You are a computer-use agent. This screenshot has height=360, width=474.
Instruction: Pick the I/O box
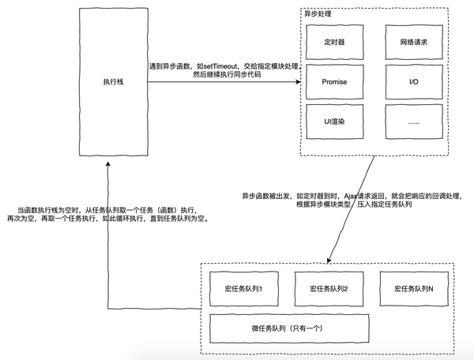(414, 82)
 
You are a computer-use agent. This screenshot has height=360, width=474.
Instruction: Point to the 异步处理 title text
(318, 14)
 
